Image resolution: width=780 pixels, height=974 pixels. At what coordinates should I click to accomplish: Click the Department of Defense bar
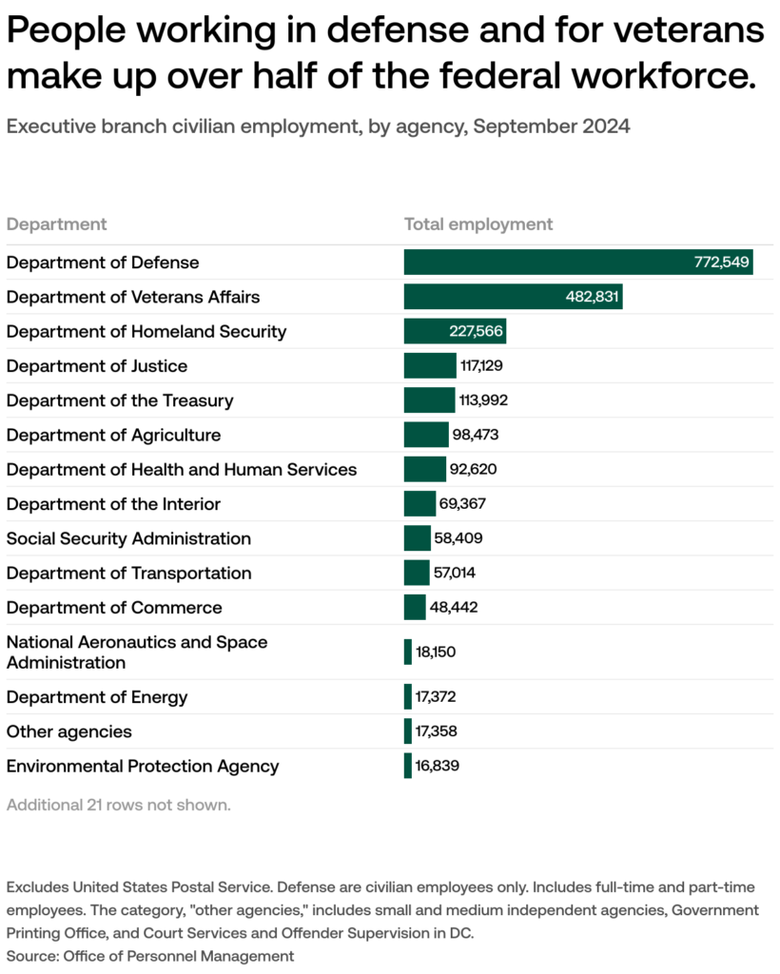pos(577,263)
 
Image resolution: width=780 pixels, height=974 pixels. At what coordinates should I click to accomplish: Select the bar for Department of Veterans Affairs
pos(513,297)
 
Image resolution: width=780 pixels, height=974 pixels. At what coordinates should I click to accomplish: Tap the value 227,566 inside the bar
pos(475,332)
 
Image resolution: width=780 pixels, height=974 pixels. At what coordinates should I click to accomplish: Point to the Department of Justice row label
pos(97,366)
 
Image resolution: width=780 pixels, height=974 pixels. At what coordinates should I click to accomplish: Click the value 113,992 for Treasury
pos(483,400)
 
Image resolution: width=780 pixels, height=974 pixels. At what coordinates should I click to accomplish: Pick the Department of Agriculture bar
pos(425,435)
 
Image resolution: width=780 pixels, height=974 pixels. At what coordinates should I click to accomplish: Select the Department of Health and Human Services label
pos(182,469)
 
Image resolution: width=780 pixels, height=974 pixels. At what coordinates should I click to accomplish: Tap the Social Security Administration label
pos(128,538)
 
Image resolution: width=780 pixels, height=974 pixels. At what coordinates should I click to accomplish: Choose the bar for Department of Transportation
pos(416,573)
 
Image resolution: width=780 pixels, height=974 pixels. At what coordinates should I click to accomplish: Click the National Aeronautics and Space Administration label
pos(137,653)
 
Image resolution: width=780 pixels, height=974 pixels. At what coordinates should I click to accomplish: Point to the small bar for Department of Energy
pos(407,697)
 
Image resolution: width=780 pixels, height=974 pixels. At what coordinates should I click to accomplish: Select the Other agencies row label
pos(69,731)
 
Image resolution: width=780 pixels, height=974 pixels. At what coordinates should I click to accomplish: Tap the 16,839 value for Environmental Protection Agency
pos(438,766)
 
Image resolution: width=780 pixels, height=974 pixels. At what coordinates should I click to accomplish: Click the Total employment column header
pos(478,224)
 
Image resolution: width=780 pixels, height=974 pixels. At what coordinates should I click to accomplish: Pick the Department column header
pos(56,224)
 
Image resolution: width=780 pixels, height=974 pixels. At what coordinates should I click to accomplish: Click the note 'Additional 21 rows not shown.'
pos(119,805)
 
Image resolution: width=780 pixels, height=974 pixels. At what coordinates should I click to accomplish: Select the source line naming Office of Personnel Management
pos(150,955)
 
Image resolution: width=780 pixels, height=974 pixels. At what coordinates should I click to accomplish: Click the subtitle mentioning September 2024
pos(318,127)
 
